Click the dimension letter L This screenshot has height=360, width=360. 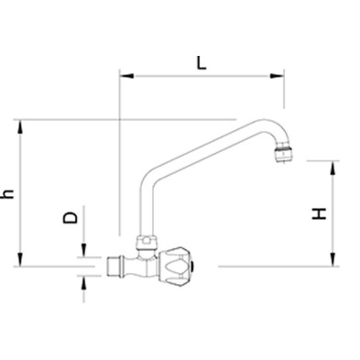tap(201, 63)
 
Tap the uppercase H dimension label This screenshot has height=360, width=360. tap(320, 213)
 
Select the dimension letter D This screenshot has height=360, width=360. tap(71, 218)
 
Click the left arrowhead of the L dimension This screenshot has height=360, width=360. tap(126, 75)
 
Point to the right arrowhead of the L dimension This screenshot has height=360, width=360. tap(277, 76)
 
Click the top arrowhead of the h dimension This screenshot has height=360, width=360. tap(20, 126)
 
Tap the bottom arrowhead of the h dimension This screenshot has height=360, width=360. tap(20, 259)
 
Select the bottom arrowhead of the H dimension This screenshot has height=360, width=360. tap(333, 259)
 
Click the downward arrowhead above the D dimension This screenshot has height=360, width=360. tap(83, 250)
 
